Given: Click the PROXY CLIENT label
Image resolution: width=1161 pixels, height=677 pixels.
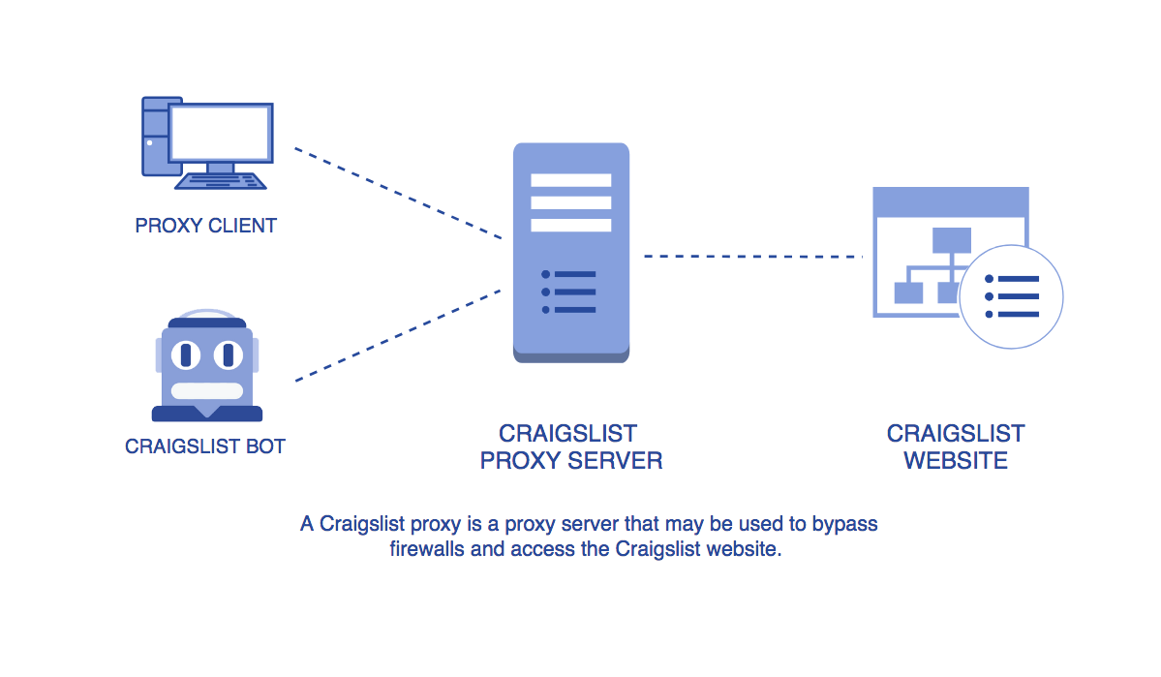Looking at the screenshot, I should pos(206,226).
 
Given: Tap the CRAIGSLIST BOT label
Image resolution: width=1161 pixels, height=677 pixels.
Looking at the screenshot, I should pos(205,446).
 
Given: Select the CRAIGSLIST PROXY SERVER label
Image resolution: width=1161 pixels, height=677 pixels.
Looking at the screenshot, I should pos(570,446).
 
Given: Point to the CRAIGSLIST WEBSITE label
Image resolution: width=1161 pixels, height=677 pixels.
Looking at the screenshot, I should pos(956,446).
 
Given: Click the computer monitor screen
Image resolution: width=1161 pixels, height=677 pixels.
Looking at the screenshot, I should pos(220,133).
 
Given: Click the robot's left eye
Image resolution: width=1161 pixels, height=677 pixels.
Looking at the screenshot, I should pos(186,355).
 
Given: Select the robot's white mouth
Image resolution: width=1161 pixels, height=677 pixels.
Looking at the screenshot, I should pos(207,391).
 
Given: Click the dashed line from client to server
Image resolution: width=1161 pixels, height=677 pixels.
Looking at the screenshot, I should pos(397,193).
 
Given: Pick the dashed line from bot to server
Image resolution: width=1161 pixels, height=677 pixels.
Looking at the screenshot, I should pos(397,335).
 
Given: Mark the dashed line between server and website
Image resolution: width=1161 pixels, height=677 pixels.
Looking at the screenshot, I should pos(752,257).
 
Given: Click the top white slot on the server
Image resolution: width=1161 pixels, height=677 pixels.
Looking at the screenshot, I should pos(571,180).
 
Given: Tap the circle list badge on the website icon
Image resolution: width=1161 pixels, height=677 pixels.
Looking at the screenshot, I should pos(1012,296).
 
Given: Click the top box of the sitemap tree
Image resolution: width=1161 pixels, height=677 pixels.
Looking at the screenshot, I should pos(951,239).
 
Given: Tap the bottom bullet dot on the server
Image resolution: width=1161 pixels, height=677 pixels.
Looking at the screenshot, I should pos(546,310).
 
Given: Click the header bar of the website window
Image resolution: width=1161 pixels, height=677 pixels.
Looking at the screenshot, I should pos(950,201).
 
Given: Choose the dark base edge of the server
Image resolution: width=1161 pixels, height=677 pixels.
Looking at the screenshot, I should pos(571,357).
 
